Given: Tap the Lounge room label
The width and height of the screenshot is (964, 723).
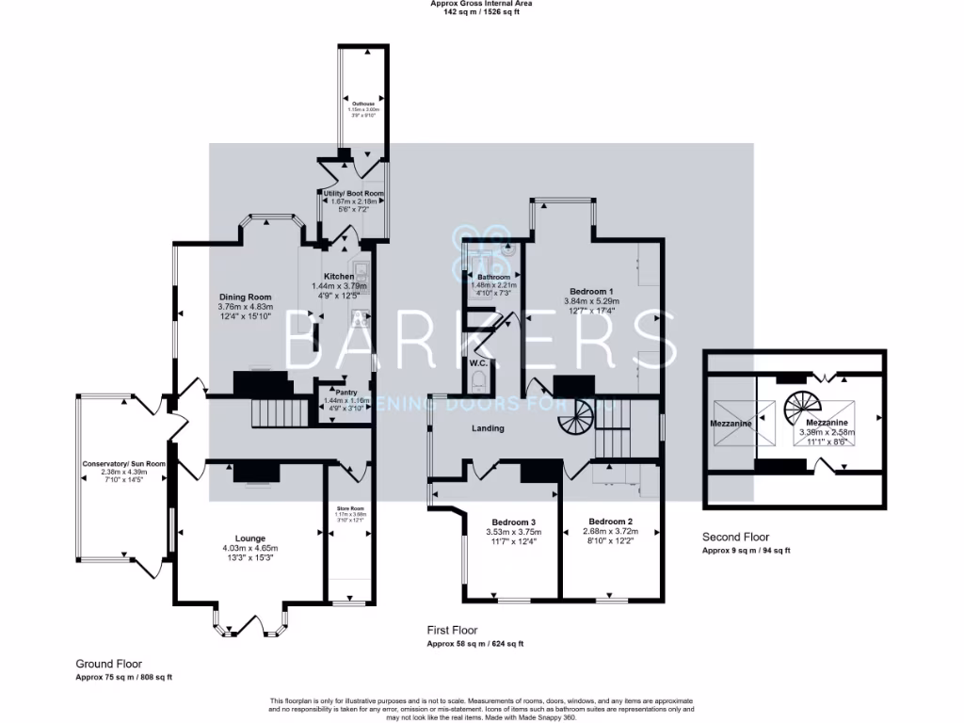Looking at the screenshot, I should click(250, 538).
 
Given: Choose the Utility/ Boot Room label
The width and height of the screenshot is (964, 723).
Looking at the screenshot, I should click(353, 194).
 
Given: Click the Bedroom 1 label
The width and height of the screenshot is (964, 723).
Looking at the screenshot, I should click(592, 291).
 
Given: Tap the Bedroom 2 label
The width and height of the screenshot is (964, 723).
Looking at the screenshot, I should click(609, 522).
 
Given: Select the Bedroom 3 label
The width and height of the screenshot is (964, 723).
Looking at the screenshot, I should click(514, 522).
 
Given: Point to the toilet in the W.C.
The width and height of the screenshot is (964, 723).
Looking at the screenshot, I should click(479, 380).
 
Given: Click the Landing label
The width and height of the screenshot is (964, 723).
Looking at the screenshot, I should click(488, 428).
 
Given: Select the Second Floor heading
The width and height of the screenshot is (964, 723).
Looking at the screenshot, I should click(735, 537).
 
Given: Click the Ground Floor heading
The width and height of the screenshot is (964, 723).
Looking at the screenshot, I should click(108, 664).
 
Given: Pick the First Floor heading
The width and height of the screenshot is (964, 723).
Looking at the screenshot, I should click(452, 631).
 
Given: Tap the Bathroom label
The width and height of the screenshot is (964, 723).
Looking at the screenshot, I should click(492, 277).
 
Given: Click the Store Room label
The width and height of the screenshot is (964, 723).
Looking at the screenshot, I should click(349, 509).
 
